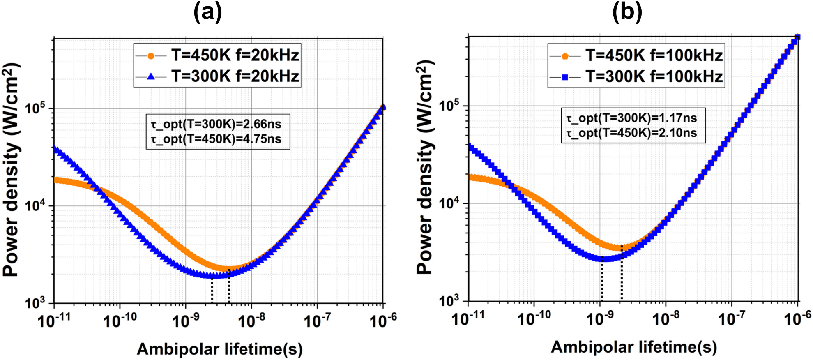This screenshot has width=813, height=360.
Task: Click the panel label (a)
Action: (x=208, y=12)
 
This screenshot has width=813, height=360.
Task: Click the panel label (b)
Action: (x=627, y=12)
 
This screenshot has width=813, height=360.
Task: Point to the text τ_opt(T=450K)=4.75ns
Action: (x=216, y=139)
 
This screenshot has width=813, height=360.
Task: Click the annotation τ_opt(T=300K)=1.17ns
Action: (x=631, y=118)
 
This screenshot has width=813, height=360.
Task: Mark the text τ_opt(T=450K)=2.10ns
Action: (x=631, y=133)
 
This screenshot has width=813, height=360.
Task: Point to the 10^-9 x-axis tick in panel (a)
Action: (x=186, y=320)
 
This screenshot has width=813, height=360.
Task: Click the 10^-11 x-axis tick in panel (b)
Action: (x=468, y=318)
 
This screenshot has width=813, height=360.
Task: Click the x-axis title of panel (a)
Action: (x=219, y=349)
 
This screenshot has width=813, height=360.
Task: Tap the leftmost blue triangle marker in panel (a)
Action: (x=55, y=149)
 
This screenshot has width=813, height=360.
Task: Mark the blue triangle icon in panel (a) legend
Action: (x=151, y=76)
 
